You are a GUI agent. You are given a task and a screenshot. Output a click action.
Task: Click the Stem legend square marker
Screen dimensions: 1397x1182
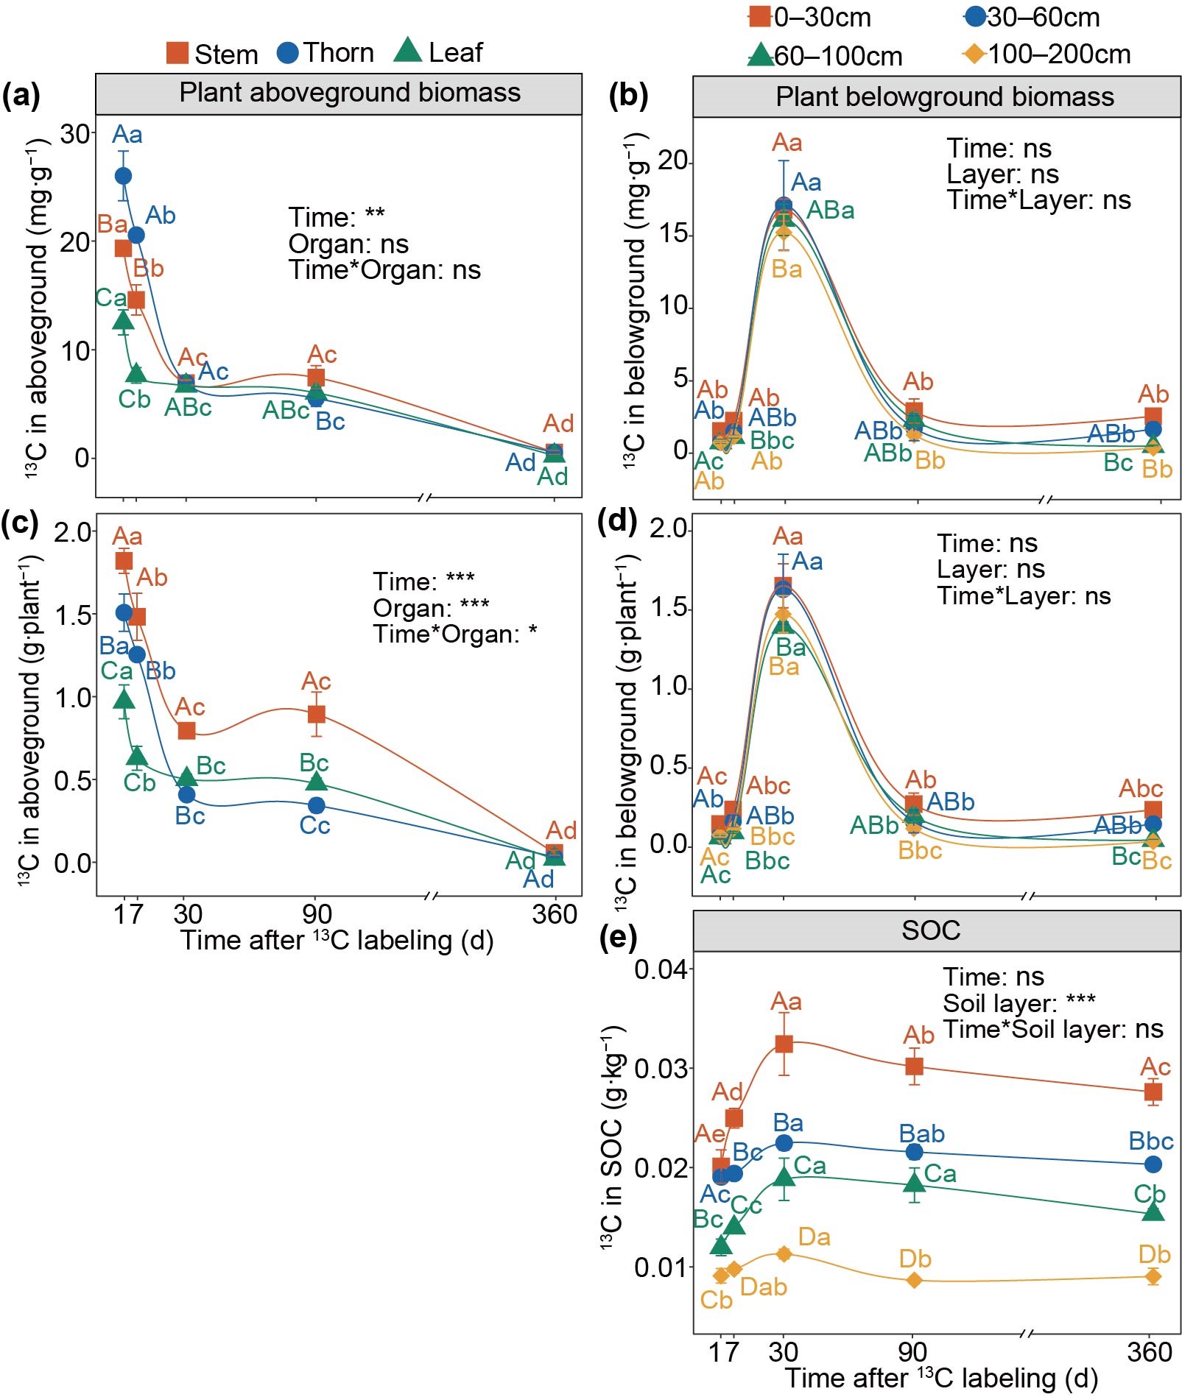click(177, 53)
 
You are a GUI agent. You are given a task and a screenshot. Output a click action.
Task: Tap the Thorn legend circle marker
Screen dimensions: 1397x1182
click(287, 53)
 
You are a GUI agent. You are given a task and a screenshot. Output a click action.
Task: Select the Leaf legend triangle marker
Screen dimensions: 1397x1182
click(407, 52)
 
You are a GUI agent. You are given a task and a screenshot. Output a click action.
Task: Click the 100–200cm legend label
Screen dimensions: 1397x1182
click(1058, 54)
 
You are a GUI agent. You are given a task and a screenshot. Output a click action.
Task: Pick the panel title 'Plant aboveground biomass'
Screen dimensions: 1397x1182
click(350, 93)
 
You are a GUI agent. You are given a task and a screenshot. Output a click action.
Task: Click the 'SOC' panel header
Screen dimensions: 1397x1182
click(931, 930)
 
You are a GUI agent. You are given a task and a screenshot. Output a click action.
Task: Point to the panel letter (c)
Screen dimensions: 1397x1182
click(20, 521)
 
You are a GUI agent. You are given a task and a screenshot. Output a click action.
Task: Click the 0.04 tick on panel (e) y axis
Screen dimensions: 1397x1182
click(661, 969)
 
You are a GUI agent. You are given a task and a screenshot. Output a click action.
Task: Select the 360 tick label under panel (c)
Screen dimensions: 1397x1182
click(554, 914)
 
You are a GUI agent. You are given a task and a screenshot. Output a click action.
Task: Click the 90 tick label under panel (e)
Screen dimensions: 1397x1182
click(912, 1351)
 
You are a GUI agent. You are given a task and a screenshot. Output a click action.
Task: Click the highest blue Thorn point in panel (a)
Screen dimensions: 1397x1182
click(124, 176)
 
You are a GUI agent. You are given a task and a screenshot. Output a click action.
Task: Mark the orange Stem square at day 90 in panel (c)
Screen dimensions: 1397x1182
click(316, 714)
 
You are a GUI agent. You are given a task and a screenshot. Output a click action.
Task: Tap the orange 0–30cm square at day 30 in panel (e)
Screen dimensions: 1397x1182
click(784, 1044)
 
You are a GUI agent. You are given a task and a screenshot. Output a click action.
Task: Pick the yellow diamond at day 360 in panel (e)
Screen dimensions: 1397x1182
click(1153, 1276)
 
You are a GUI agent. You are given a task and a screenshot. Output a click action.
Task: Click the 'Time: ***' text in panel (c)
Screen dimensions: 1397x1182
click(423, 581)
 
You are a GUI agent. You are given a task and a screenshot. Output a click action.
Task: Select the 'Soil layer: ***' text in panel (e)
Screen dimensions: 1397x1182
click(1019, 1003)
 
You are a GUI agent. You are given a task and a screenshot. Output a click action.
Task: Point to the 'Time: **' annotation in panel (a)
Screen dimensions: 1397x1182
click(337, 217)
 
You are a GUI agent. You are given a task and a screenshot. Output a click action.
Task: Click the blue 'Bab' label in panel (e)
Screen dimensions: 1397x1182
click(921, 1133)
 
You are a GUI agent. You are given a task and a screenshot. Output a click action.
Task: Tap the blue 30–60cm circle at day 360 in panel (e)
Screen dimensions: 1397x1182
click(1153, 1164)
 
